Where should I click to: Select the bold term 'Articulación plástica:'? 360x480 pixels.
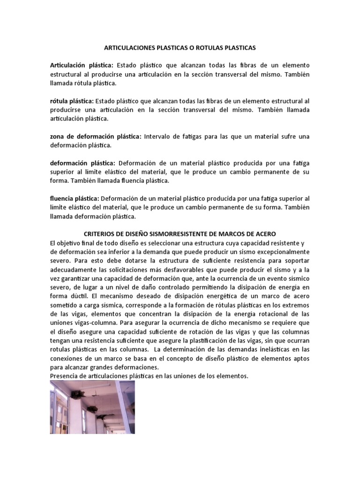click(82, 66)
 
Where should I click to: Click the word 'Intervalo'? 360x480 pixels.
click(160, 136)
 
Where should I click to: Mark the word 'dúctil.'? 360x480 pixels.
click(79, 296)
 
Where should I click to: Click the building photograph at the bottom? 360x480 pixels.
click(92, 407)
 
